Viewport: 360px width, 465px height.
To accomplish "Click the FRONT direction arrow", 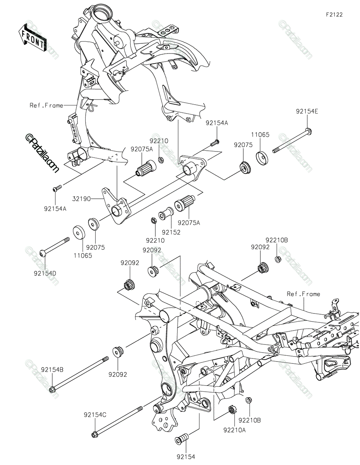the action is pyautogui.click(x=32, y=38).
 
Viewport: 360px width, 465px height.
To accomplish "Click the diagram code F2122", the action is pyautogui.click(x=334, y=15).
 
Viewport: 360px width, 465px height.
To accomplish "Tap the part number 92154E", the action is pyautogui.click(x=307, y=112).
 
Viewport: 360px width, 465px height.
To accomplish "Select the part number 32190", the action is pyautogui.click(x=81, y=199).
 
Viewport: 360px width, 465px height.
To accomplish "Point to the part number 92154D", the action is pyautogui.click(x=45, y=273).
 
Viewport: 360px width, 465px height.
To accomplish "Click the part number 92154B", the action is pyautogui.click(x=52, y=370).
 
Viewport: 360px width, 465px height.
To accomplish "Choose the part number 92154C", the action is pyautogui.click(x=95, y=415).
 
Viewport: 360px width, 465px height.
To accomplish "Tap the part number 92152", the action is pyautogui.click(x=171, y=232).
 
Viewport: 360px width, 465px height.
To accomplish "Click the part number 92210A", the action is pyautogui.click(x=234, y=430).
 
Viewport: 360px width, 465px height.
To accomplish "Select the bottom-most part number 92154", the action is pyautogui.click(x=186, y=457).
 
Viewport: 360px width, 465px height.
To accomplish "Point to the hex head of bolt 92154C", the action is pyautogui.click(x=94, y=435).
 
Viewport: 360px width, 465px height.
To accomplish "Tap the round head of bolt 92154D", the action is pyautogui.click(x=42, y=253).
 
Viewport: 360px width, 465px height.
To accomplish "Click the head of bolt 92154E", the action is pyautogui.click(x=308, y=131).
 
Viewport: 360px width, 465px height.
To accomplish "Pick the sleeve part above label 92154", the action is pyautogui.click(x=181, y=439).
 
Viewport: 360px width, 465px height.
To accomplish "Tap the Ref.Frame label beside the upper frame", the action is pyautogui.click(x=47, y=105).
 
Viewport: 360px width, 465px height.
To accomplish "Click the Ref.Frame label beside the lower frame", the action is pyautogui.click(x=303, y=294).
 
